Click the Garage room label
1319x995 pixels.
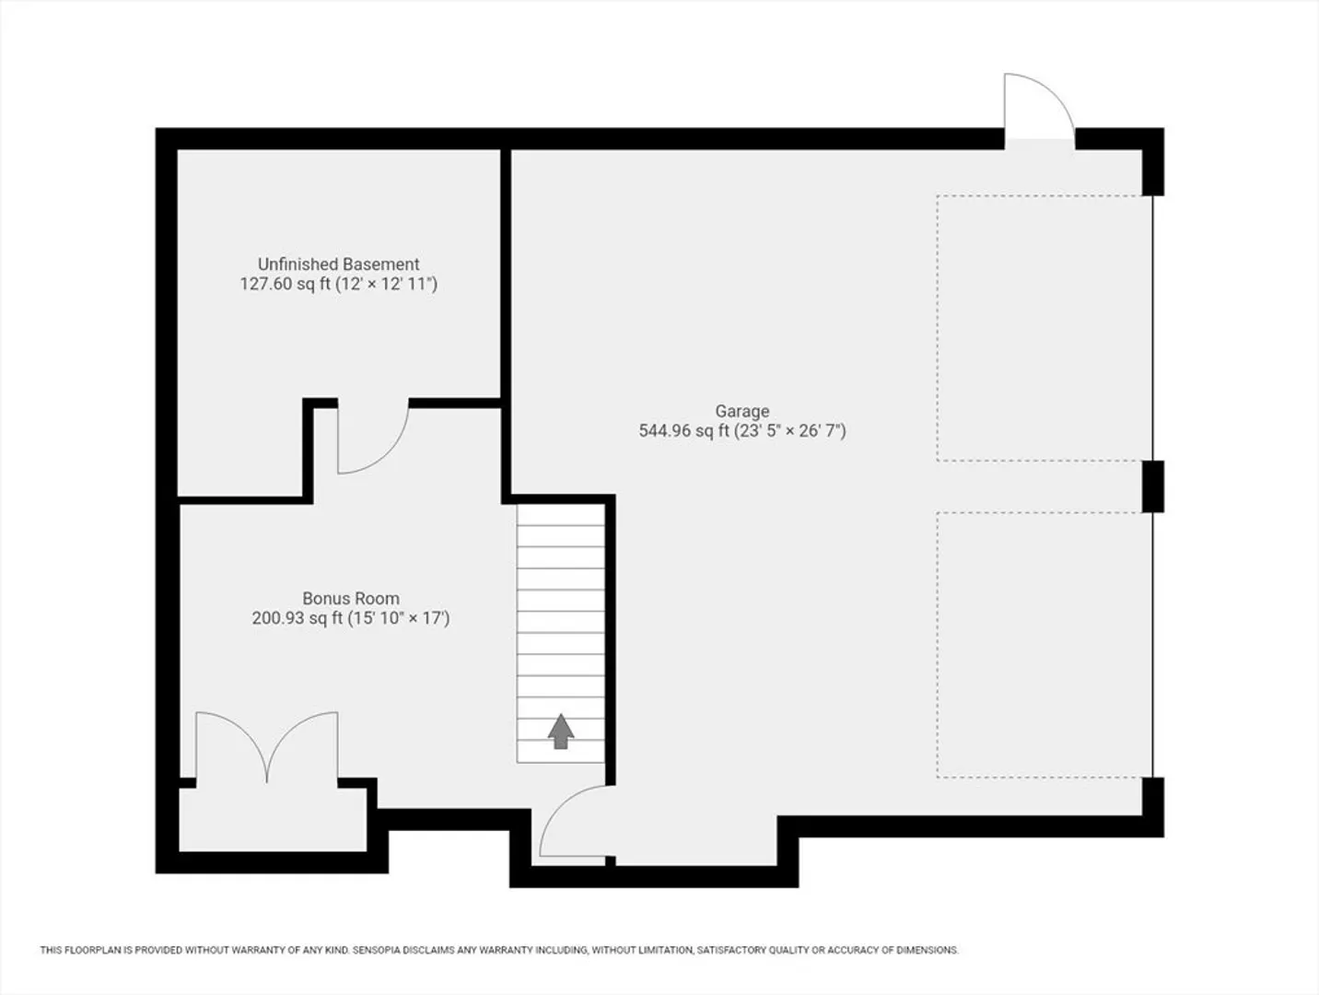coord(742,411)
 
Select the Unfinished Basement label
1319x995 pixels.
coord(338,263)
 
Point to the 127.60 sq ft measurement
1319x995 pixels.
coord(286,284)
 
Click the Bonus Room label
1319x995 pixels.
coord(351,599)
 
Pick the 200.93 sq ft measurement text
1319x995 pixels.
coord(298,618)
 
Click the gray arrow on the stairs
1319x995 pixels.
coord(561,732)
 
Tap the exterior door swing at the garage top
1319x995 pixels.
coord(1040,106)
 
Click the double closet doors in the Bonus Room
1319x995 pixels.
coord(267,747)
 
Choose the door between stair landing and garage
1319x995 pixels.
coord(574,821)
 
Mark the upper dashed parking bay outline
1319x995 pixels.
coord(1045,328)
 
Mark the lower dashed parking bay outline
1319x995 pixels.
coord(1045,645)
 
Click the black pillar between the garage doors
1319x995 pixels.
coord(1152,486)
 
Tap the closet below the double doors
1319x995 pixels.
coord(274,820)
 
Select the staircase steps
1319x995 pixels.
coord(561,633)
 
